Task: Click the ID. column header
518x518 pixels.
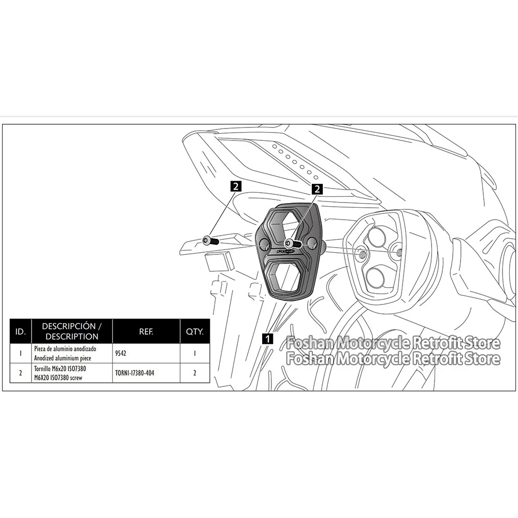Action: pyautogui.click(x=20, y=332)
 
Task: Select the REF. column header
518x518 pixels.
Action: pyautogui.click(x=146, y=332)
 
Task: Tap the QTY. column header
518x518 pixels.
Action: pyautogui.click(x=195, y=332)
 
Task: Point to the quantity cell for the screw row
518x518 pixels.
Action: pyautogui.click(x=195, y=372)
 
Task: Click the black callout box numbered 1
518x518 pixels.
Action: pyautogui.click(x=267, y=339)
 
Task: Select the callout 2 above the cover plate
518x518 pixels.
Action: pyautogui.click(x=317, y=189)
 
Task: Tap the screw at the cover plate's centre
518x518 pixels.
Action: pyautogui.click(x=289, y=242)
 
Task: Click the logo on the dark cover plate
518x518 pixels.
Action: pyautogui.click(x=285, y=252)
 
